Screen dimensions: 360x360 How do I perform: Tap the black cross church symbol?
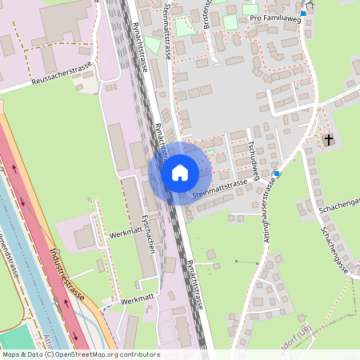328,141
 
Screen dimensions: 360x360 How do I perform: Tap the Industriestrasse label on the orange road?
69,269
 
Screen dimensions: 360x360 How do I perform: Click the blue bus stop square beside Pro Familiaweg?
303,13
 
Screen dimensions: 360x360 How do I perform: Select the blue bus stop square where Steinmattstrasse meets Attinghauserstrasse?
277,174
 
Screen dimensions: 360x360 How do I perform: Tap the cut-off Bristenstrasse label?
206,11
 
